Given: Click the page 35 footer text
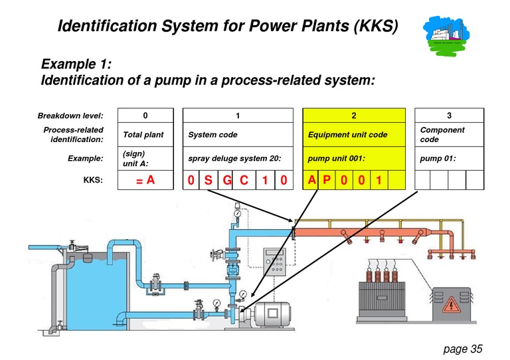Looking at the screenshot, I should (x=462, y=348).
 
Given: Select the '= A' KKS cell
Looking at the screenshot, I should (x=145, y=180).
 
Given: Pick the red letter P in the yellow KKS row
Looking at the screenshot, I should (x=327, y=180).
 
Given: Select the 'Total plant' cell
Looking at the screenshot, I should (x=143, y=135).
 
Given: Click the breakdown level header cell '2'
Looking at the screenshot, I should (x=353, y=116).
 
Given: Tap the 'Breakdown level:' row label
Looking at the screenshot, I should (x=71, y=116).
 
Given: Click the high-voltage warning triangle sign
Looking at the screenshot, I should (x=452, y=306).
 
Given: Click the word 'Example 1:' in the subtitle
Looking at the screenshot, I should (x=76, y=64).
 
